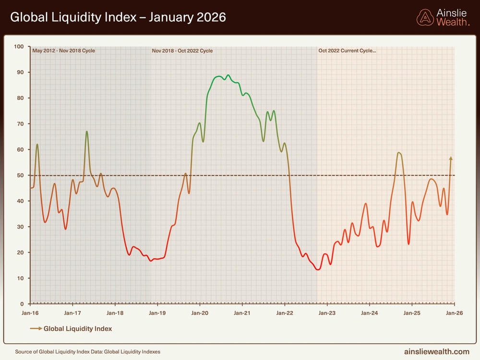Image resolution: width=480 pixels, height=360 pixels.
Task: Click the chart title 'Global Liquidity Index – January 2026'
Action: coord(118,18)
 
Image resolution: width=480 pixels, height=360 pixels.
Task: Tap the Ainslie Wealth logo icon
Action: coord(425,18)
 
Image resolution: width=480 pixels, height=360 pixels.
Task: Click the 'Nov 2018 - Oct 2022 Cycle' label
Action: coord(182,51)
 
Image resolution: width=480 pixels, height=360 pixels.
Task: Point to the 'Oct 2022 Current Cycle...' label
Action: coord(347,51)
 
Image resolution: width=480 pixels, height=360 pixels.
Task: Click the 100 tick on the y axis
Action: coord(19,47)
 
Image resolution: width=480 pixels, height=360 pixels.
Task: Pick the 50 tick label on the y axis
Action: coord(20,175)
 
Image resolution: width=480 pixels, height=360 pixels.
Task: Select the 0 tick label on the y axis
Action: coord(22,304)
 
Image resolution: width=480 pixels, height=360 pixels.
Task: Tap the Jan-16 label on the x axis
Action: coord(30,313)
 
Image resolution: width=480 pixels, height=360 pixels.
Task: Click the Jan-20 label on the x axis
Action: coord(200,313)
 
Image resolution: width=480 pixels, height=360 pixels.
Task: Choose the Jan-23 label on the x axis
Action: coord(327,313)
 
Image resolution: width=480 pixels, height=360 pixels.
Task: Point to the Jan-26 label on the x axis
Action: coord(454,313)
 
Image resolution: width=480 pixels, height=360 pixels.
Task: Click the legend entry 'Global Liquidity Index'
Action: coord(77,329)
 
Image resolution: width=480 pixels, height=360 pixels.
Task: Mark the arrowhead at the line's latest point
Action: coord(451,158)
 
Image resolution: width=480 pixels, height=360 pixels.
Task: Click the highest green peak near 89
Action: coord(228,75)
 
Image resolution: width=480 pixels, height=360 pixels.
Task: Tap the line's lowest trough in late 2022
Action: coord(318,269)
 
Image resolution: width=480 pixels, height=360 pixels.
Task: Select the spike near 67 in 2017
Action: coord(87,132)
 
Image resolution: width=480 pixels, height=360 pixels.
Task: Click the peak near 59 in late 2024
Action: coord(399,153)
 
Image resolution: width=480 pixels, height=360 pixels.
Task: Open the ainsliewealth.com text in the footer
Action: coord(436,352)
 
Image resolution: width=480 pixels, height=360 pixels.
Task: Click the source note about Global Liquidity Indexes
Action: coord(87,352)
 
